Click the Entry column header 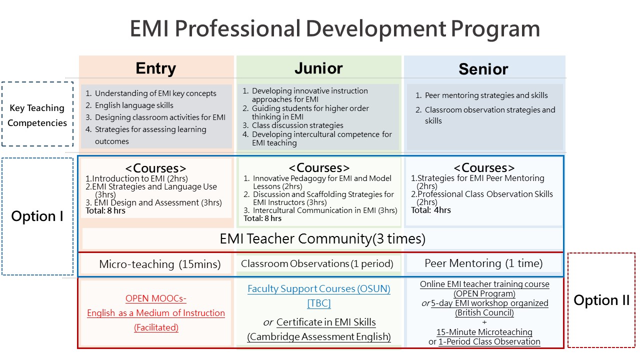(155, 68)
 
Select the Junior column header (318, 68)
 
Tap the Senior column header (483, 69)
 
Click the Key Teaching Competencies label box (37, 114)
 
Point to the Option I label (37, 216)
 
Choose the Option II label (601, 300)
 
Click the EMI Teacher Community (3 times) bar (322, 238)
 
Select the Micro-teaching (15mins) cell (159, 264)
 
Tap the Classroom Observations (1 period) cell (317, 263)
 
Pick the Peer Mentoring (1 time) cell (483, 263)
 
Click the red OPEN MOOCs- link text (155, 298)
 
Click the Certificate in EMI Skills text (326, 322)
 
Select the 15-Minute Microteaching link (484, 332)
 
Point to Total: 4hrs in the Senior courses (431, 210)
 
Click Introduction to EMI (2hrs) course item (136, 178)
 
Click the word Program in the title (495, 29)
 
